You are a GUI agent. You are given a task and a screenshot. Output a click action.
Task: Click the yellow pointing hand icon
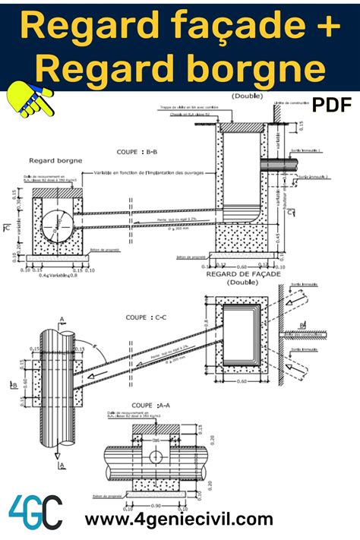coord(28,100)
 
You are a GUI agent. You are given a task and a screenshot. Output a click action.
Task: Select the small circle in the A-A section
coord(156,457)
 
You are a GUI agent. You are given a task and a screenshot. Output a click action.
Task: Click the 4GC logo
coord(35,512)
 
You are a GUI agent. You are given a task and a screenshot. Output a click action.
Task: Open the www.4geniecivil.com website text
coord(178,519)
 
